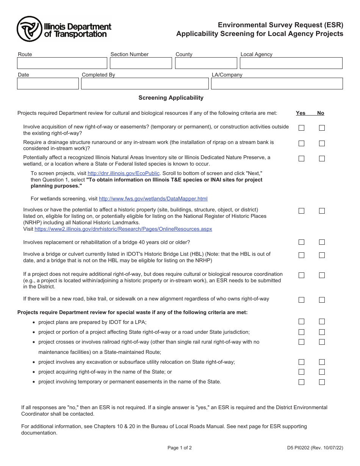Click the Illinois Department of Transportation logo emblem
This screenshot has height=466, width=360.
(29, 29)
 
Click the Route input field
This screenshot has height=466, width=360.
(62, 63)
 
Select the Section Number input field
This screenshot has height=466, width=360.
(140, 63)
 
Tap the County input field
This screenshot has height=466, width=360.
(206, 63)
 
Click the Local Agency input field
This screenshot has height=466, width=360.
(291, 63)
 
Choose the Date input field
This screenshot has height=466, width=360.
(48, 84)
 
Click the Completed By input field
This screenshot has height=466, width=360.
(145, 84)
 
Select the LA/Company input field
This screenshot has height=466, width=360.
(277, 84)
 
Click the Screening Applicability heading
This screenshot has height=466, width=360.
(171, 98)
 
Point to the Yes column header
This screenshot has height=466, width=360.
(301, 113)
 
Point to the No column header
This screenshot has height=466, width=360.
(321, 113)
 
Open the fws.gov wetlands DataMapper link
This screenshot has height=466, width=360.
(153, 199)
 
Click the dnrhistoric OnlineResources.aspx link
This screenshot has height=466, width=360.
(123, 229)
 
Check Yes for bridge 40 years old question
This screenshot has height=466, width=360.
(301, 242)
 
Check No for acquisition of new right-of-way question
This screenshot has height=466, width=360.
(322, 128)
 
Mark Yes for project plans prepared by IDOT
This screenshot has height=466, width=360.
(301, 322)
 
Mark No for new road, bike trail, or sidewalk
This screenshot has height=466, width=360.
(322, 300)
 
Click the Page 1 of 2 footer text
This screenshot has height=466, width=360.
(180, 448)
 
